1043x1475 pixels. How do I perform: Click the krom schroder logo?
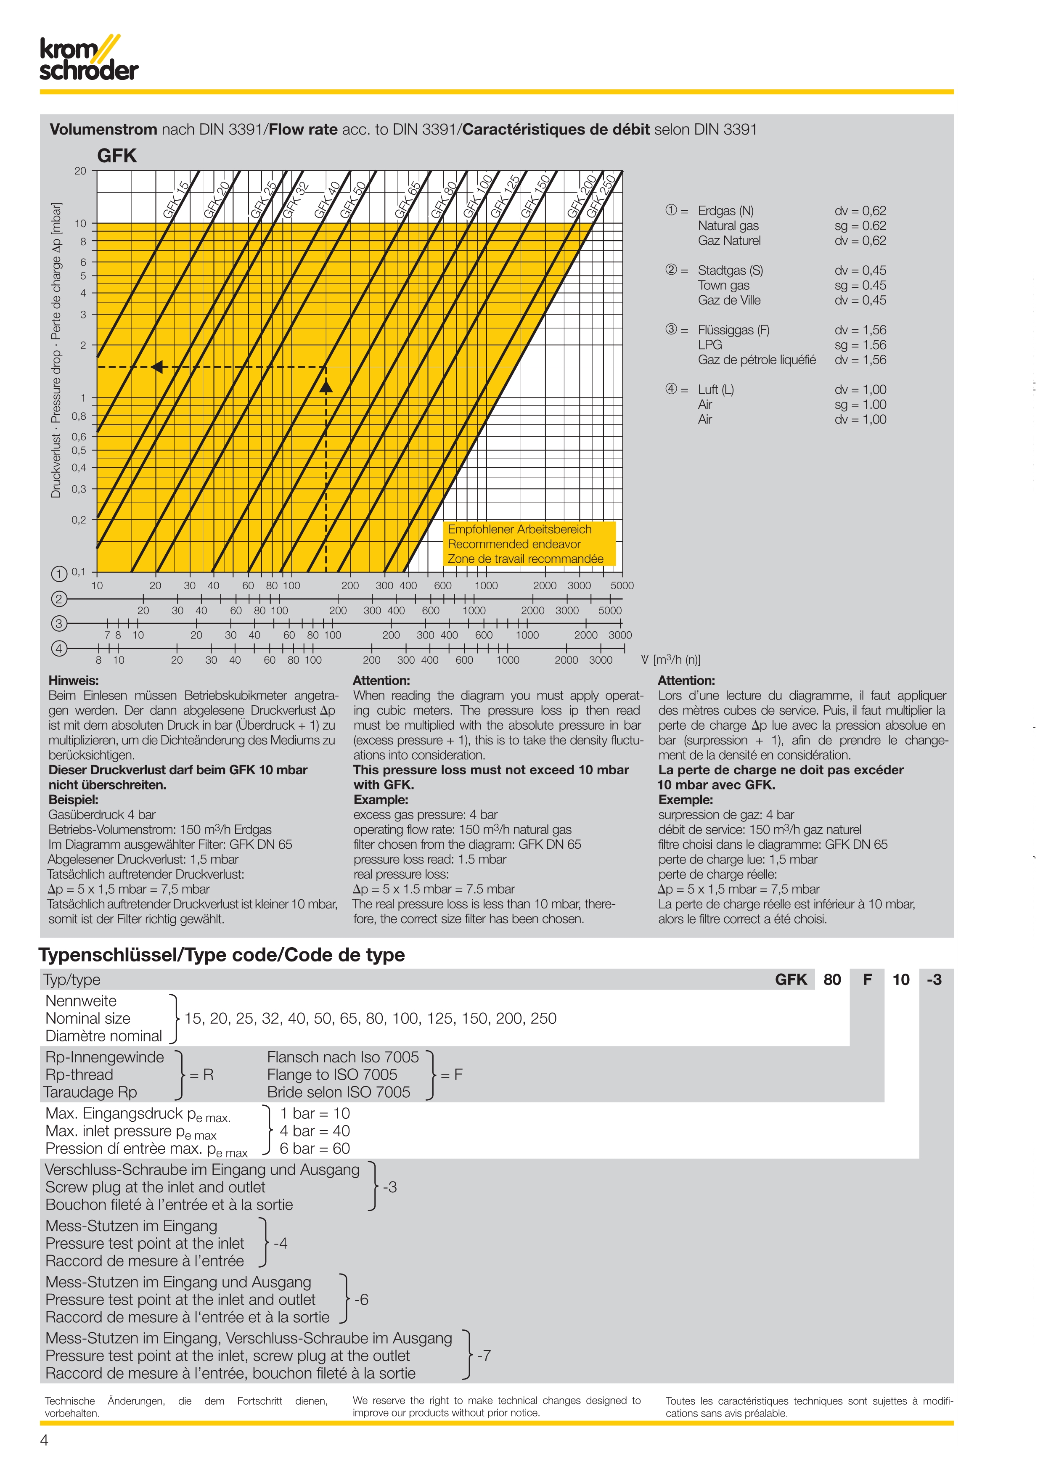(x=89, y=60)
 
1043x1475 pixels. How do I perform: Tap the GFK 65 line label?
(x=407, y=200)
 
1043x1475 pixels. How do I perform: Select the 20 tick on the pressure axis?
(x=80, y=171)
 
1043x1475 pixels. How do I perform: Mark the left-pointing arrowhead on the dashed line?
(x=157, y=367)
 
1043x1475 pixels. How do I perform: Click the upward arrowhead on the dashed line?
(x=326, y=385)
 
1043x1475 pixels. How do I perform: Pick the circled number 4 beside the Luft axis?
(x=58, y=648)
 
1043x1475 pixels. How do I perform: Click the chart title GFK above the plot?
(x=117, y=156)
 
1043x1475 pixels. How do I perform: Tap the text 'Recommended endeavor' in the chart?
(x=514, y=544)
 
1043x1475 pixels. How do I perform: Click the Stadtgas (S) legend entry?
(x=730, y=270)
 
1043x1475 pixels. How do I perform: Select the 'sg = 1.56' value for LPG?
(x=860, y=345)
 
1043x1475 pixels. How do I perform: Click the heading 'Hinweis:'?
(x=73, y=681)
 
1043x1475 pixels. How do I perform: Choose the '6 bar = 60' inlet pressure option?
(x=315, y=1148)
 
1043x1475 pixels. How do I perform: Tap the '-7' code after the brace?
(x=484, y=1356)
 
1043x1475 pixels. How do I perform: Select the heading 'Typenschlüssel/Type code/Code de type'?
(x=222, y=955)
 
